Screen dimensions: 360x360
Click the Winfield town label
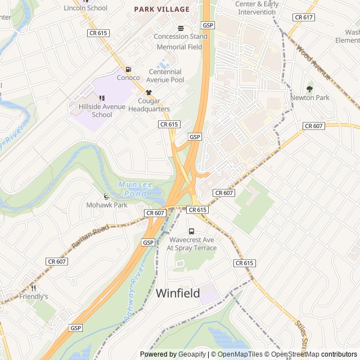177,293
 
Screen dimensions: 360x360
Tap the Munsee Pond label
134,188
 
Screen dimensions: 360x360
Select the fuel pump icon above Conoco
128,69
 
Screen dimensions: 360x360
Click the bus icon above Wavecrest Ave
191,231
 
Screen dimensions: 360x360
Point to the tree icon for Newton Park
309,89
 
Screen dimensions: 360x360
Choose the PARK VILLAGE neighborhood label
161,10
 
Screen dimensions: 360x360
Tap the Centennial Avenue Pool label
165,76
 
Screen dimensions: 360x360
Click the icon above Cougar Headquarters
148,92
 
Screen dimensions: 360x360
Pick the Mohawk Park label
106,205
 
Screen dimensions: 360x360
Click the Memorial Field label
179,47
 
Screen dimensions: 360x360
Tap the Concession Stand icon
181,28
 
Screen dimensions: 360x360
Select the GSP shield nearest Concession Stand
208,25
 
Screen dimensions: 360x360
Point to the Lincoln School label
85,8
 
